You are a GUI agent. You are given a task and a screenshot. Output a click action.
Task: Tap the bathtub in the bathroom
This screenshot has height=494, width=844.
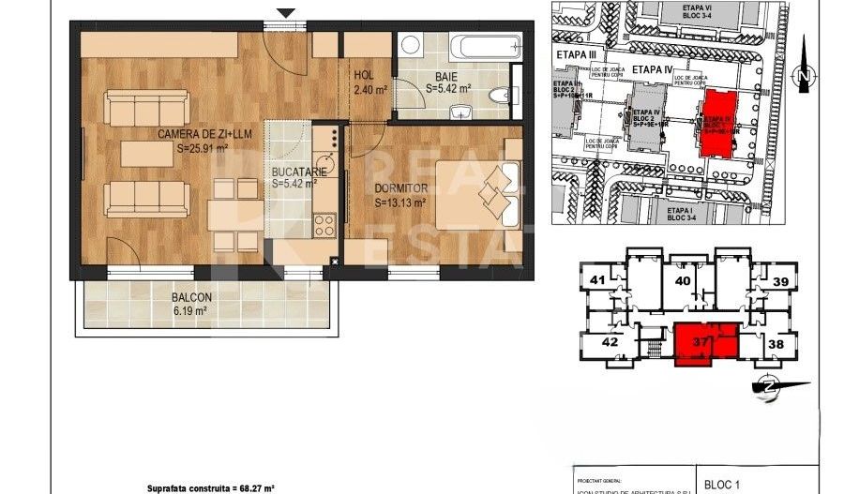point(485,46)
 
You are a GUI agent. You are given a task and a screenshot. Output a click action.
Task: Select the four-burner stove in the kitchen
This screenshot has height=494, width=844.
point(324,225)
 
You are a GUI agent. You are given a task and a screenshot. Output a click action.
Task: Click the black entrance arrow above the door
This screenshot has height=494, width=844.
point(286,12)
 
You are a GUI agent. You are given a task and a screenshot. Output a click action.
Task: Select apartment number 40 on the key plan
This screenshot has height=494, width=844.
point(683,279)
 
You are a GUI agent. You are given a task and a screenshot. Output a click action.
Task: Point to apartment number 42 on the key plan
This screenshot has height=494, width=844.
point(610,342)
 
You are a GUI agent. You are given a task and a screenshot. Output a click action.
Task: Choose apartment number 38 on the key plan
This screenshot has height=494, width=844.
point(775,344)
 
